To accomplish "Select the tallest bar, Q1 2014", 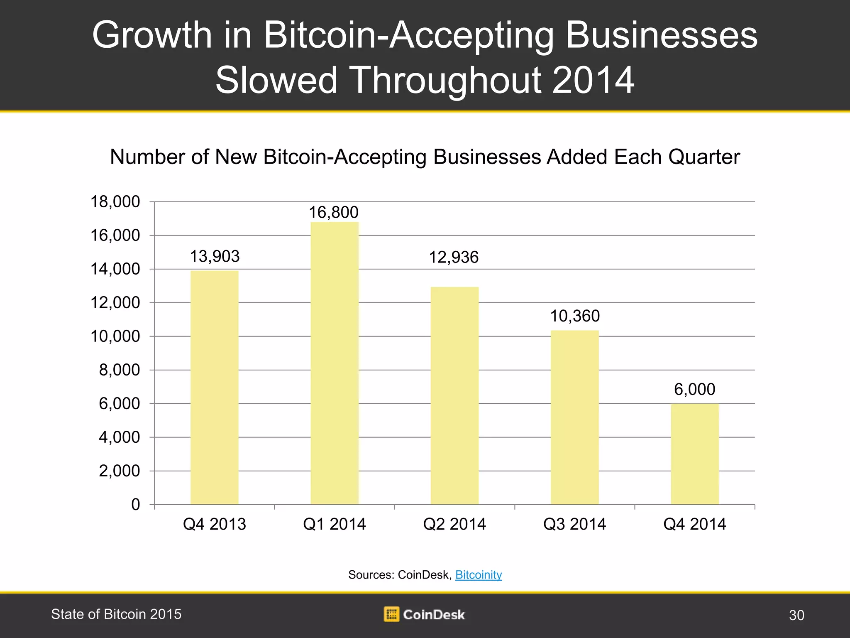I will pyautogui.click(x=335, y=363).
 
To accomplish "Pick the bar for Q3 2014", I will pyautogui.click(x=574, y=417).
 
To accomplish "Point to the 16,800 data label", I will pyautogui.click(x=333, y=213).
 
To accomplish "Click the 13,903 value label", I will pyautogui.click(x=215, y=256).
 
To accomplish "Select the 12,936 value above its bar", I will pyautogui.click(x=454, y=258).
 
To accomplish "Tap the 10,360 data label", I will pyautogui.click(x=575, y=316).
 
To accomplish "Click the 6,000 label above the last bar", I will pyautogui.click(x=694, y=390).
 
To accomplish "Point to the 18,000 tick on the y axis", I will pyautogui.click(x=115, y=202).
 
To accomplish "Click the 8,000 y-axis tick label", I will pyautogui.click(x=120, y=370).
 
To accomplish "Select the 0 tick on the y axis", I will pyautogui.click(x=136, y=505).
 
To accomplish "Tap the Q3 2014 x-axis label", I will pyautogui.click(x=574, y=524).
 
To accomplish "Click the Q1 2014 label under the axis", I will pyautogui.click(x=335, y=524).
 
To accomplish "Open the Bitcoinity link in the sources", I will pyautogui.click(x=479, y=575).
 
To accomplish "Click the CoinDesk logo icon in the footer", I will pyautogui.click(x=391, y=614).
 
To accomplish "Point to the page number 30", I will pyautogui.click(x=796, y=615).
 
